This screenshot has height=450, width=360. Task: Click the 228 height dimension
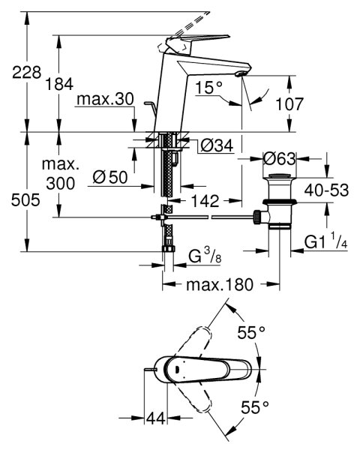tap(27, 72)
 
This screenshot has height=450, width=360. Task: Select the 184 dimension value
tap(59, 84)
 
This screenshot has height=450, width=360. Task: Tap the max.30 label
tap(105, 99)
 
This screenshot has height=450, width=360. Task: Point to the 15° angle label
tap(209, 87)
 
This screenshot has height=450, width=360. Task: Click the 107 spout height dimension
tap(289, 104)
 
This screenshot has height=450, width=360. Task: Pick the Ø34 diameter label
tap(217, 146)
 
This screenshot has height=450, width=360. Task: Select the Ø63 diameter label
tap(279, 159)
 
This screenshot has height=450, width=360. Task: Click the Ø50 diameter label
tap(110, 177)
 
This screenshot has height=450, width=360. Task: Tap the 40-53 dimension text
tap(326, 190)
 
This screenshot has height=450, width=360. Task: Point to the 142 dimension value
tap(205, 201)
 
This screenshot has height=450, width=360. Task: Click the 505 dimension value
tap(25, 200)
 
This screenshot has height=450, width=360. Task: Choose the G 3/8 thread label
tap(205, 256)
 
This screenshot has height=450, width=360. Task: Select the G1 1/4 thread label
tap(325, 241)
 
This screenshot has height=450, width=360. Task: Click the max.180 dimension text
tap(220, 285)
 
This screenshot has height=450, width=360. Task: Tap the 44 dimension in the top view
tap(156, 418)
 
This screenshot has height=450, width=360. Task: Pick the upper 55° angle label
tap(251, 332)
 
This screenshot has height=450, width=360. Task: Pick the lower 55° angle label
tap(255, 407)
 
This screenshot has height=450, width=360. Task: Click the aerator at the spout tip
tap(240, 74)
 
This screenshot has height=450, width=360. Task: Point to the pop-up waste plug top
tap(280, 176)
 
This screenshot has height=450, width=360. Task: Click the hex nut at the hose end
tap(169, 248)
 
